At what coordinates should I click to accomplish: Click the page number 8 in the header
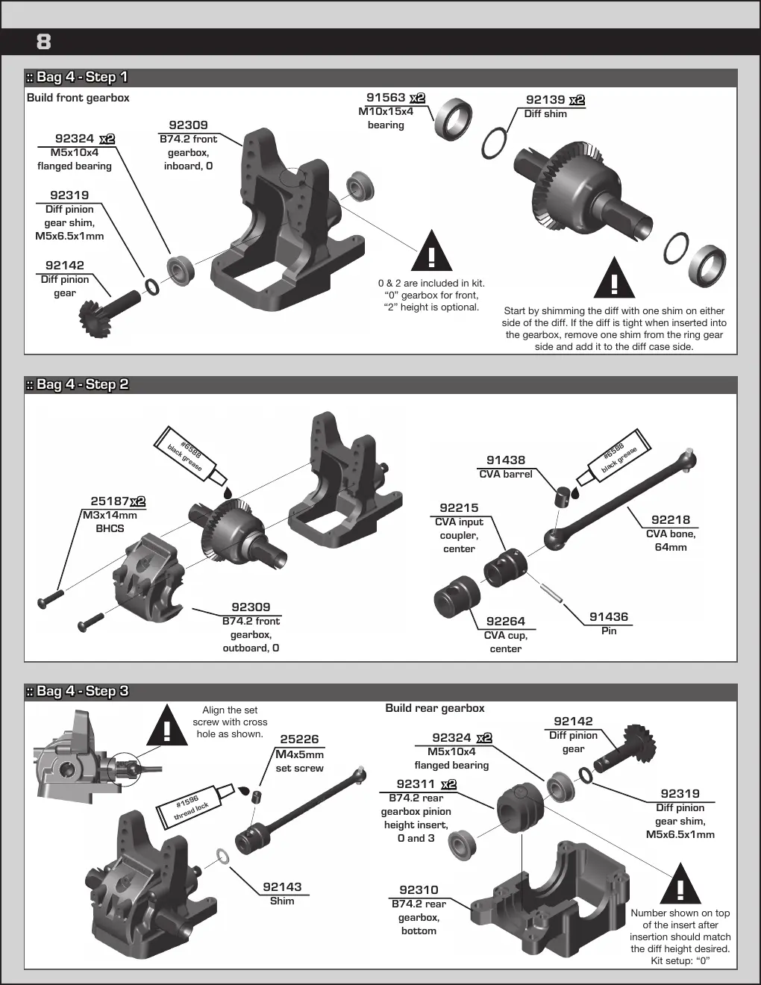43,42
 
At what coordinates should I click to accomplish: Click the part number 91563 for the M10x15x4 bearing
386,98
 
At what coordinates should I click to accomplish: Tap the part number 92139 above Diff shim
545,100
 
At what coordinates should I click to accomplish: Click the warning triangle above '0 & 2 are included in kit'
431,251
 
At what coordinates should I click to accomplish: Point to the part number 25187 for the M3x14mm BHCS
110,501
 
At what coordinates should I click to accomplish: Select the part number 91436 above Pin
609,616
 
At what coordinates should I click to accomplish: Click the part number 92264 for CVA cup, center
505,621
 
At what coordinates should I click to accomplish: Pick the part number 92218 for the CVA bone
670,519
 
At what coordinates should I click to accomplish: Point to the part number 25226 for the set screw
299,739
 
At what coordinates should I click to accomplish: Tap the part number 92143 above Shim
282,886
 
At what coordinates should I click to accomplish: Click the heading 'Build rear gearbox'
435,708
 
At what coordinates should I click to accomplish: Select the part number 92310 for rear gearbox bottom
419,889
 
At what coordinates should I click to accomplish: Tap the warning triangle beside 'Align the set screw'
167,725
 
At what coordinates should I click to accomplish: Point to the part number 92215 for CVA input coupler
459,507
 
